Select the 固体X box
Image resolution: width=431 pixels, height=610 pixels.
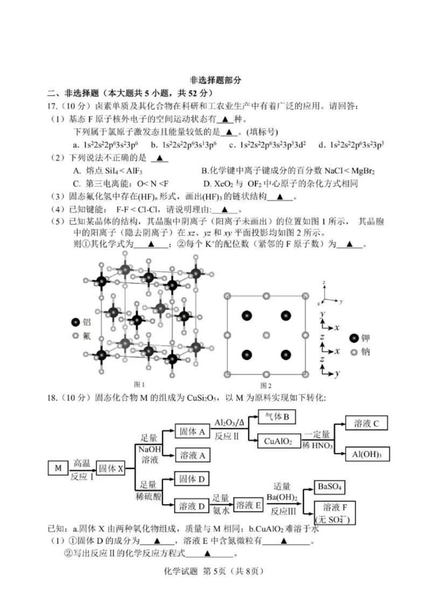point(110,468)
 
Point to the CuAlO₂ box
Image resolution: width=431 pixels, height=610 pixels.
point(278,441)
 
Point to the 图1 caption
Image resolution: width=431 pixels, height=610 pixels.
point(139,384)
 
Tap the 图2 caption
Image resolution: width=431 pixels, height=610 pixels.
point(266,385)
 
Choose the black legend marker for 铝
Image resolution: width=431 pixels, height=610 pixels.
point(75,322)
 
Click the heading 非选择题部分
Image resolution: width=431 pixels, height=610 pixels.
point(215,80)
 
